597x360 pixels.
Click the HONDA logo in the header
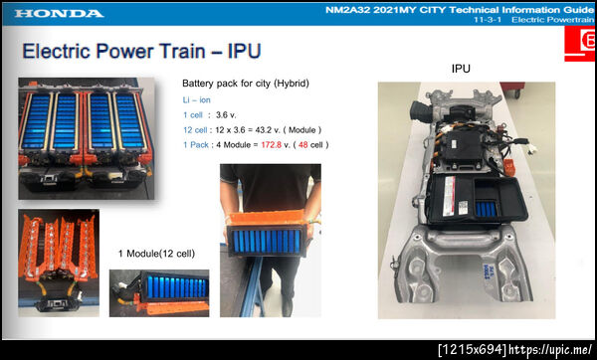click(59, 14)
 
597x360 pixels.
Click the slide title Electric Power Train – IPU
click(141, 51)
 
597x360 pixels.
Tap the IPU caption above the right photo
click(461, 69)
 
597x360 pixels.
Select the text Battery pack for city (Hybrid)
click(246, 84)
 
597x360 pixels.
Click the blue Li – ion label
click(196, 100)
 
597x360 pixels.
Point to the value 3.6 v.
click(226, 115)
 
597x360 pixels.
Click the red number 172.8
click(272, 145)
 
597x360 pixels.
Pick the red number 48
click(303, 145)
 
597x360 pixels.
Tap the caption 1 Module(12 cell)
click(156, 254)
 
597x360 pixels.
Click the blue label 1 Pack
click(196, 145)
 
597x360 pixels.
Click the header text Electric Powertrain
click(552, 20)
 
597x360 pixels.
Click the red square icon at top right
click(580, 43)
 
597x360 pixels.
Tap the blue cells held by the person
click(267, 242)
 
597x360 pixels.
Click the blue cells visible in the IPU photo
click(486, 209)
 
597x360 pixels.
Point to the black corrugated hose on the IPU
click(420, 110)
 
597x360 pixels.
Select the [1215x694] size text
click(473, 349)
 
